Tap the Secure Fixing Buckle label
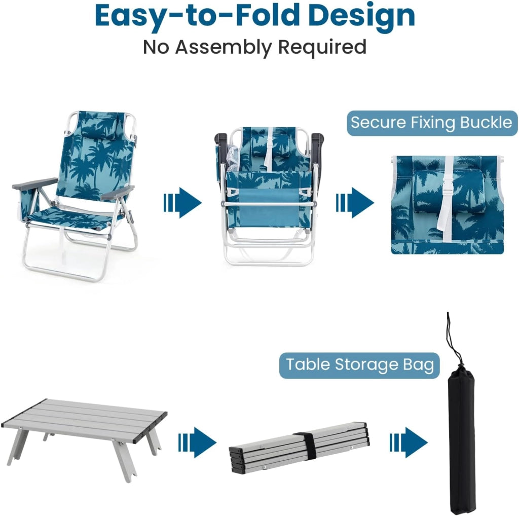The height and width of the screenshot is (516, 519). (x=432, y=123)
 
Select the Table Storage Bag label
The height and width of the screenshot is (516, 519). (x=359, y=365)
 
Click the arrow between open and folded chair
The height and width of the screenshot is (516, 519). (x=182, y=203)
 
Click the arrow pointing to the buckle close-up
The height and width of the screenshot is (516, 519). (x=355, y=203)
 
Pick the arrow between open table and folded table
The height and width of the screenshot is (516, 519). (x=197, y=442)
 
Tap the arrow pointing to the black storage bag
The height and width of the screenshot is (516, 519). (x=409, y=442)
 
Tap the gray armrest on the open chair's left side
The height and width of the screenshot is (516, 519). (x=35, y=183)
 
